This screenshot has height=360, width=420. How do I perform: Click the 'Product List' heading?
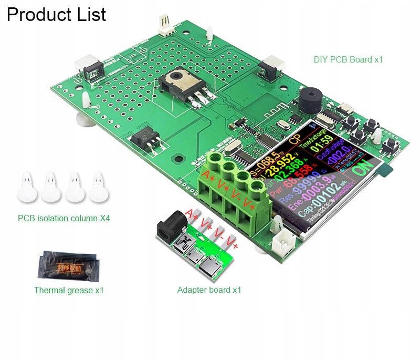[x=56, y=14]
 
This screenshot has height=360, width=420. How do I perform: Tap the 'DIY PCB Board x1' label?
[x=348, y=59]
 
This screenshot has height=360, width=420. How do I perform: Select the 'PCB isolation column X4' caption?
[x=64, y=218]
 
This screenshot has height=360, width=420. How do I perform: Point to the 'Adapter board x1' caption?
[x=209, y=290]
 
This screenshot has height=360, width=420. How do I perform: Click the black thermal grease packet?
[x=67, y=266]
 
